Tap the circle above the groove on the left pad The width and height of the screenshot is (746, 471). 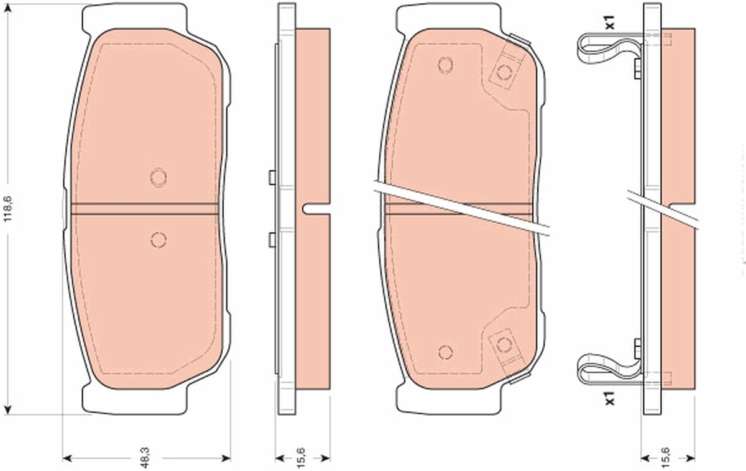(159, 178)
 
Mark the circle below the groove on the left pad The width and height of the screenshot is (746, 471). (158, 240)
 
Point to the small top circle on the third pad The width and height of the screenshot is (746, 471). (445, 65)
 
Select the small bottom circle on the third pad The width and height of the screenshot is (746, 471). (445, 352)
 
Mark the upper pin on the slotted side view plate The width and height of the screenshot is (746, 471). (272, 178)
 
